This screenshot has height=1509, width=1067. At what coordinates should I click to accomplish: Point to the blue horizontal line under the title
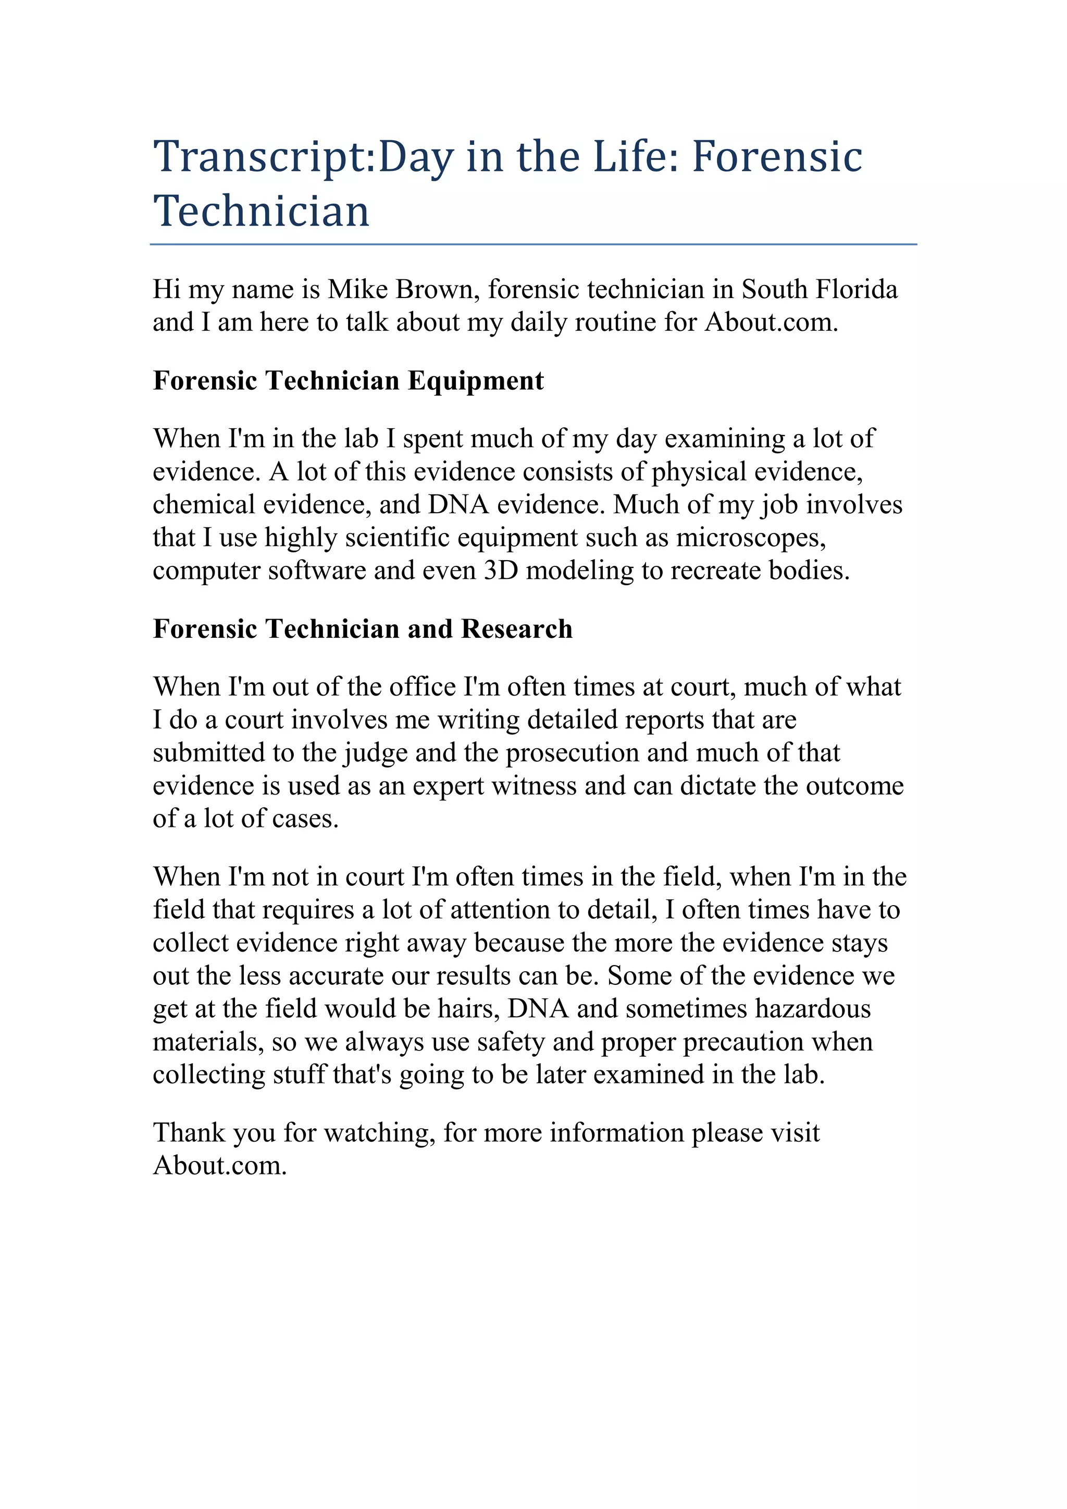(x=533, y=244)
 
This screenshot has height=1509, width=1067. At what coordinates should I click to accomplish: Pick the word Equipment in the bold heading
(x=476, y=380)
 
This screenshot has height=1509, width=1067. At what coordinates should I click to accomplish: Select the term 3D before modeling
(x=501, y=571)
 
